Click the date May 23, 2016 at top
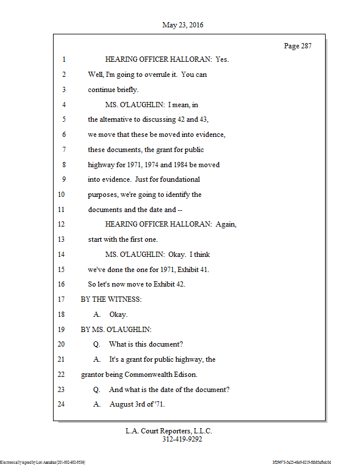click(183, 25)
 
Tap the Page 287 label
click(298, 46)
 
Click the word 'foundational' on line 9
click(178, 179)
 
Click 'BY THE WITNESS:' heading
click(111, 299)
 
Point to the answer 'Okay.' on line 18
click(119, 315)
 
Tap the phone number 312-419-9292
click(182, 440)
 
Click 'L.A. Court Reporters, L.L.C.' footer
click(169, 431)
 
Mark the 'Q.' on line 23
click(97, 389)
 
